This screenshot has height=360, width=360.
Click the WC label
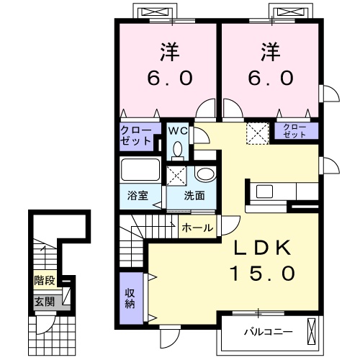coord(177,131)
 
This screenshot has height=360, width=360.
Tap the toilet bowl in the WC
coord(177,149)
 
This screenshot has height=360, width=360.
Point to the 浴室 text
coord(138,195)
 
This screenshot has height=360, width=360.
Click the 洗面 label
coord(194,195)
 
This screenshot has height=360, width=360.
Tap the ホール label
coord(197,228)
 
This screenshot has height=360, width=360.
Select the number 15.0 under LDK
coord(262,274)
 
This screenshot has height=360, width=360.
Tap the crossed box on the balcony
coord(310,331)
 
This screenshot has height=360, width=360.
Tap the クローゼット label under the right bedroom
coord(294,131)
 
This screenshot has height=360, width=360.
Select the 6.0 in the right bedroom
coord(272,77)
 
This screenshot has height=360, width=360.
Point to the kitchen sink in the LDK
coord(263,192)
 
